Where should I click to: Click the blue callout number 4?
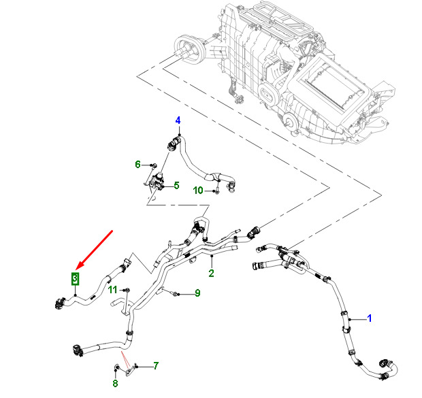click(x=178, y=122)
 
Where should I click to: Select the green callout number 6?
click(x=137, y=164)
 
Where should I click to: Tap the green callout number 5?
click(x=176, y=185)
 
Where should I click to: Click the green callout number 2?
click(x=212, y=273)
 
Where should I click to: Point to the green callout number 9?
click(x=197, y=293)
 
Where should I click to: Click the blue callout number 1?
click(x=370, y=317)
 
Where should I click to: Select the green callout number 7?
click(x=155, y=366)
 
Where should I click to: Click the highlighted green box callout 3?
click(x=76, y=278)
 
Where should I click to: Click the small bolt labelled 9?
click(x=176, y=294)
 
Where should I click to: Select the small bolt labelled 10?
click(x=216, y=191)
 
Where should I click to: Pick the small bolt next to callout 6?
click(x=154, y=165)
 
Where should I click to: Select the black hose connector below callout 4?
click(x=173, y=143)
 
